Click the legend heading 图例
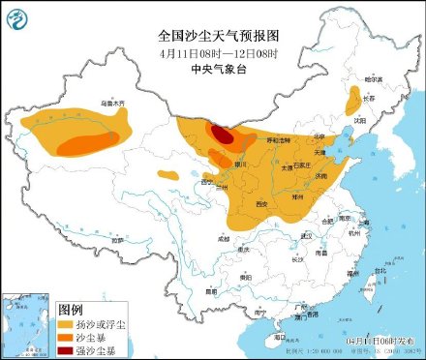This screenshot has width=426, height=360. pos(71,309)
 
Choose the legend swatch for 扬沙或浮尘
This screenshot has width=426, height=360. pos(71,324)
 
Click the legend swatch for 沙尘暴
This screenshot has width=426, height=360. pos(71,337)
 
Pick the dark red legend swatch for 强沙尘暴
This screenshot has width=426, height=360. pos(71,349)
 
